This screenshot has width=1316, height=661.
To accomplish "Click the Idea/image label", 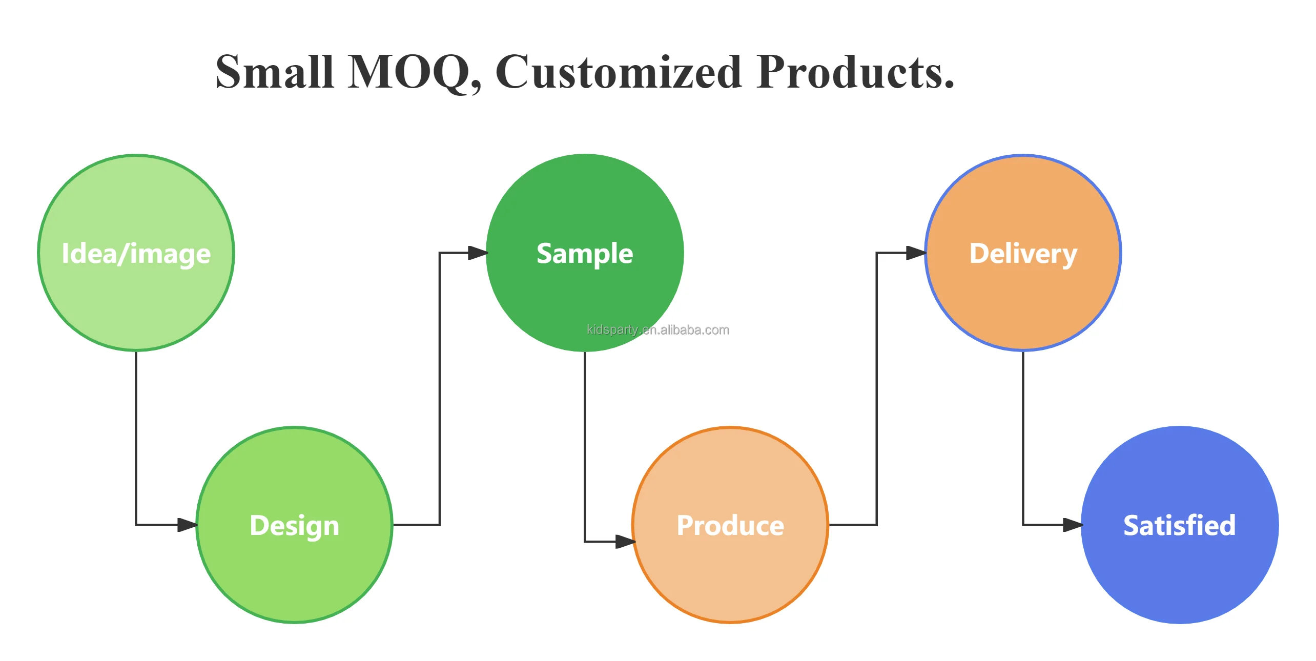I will click(x=136, y=254).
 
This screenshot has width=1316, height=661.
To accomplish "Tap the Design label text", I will click(x=294, y=526).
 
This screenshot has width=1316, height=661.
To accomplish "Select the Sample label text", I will click(x=585, y=254).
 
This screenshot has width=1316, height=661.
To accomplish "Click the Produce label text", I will click(x=730, y=526).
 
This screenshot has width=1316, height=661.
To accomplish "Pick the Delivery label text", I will click(x=1023, y=254).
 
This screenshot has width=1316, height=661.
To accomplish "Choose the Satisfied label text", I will click(x=1179, y=526).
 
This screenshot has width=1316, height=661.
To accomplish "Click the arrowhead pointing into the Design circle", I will click(x=187, y=525).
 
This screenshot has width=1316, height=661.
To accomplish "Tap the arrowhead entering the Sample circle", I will click(x=478, y=253).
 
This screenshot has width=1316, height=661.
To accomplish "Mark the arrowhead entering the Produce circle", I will click(x=625, y=541).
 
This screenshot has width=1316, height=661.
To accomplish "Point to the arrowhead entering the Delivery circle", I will click(x=916, y=253).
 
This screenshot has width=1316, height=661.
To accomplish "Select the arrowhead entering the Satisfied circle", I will click(x=1073, y=525).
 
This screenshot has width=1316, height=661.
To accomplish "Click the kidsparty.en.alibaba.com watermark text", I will click(x=658, y=330).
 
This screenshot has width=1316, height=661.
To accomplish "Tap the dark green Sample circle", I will click(x=585, y=205).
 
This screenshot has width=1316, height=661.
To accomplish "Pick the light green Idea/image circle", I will click(x=136, y=302).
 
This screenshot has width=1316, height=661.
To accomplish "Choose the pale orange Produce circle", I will click(x=730, y=574).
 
